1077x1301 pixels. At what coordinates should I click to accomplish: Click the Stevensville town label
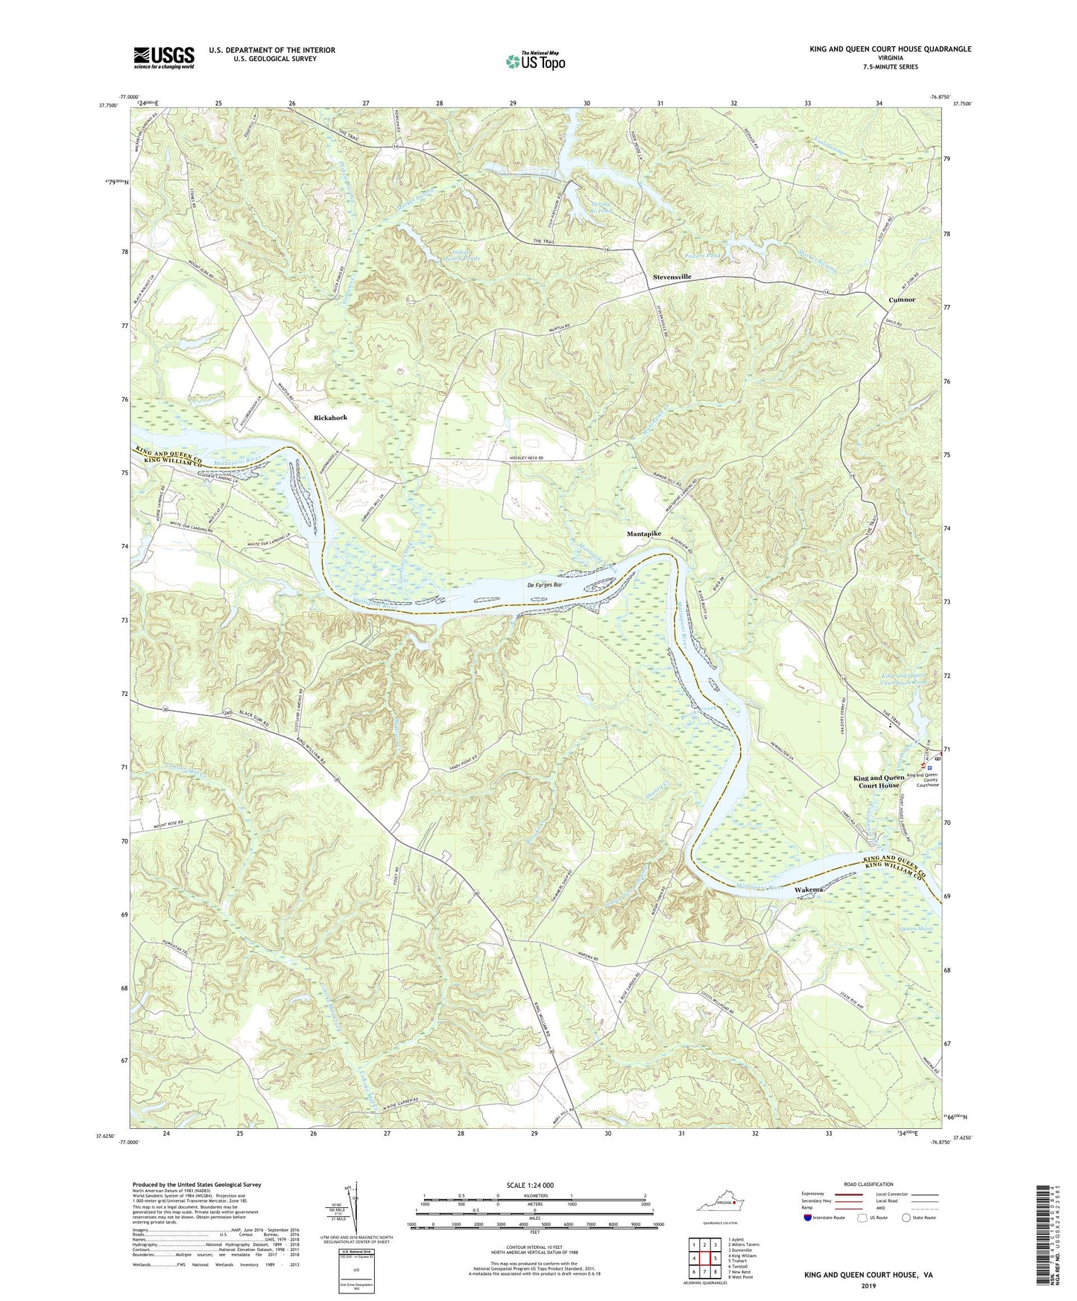[672, 276]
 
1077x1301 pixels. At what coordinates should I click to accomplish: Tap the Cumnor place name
[902, 300]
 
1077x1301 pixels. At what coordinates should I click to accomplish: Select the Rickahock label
[330, 417]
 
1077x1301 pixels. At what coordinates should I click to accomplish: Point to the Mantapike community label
[643, 534]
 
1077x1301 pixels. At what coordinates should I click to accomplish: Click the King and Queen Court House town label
[879, 781]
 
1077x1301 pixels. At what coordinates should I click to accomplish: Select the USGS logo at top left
[163, 57]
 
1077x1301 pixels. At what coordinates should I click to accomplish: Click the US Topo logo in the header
[534, 60]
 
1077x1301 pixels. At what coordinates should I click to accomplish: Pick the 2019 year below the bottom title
[868, 1285]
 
